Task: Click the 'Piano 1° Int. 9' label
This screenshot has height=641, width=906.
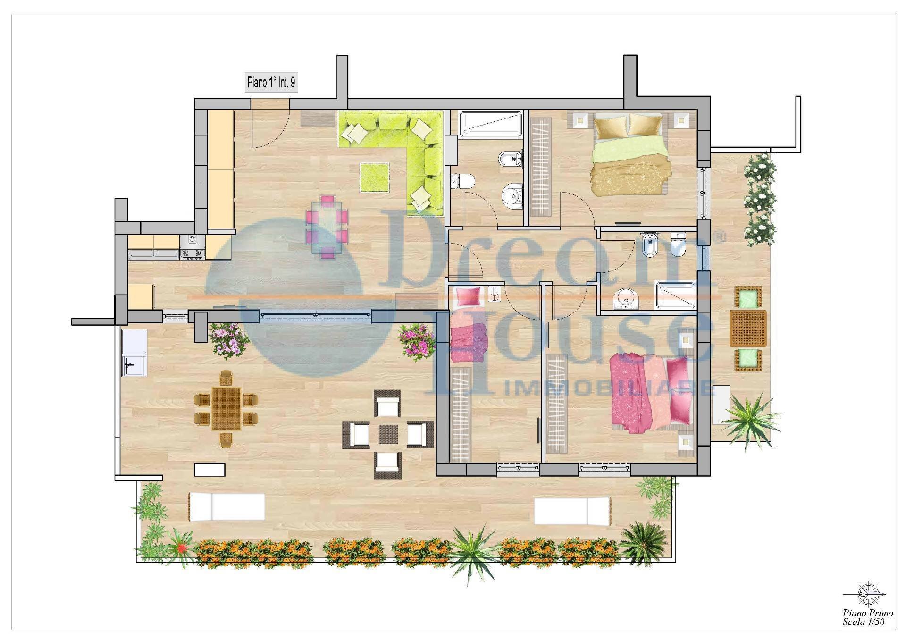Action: tap(272, 83)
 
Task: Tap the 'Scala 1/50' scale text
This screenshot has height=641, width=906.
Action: tap(864, 622)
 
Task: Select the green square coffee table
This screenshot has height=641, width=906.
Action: tap(375, 177)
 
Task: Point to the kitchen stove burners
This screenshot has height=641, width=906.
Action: tap(193, 248)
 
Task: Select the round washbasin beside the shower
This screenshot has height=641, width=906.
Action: tap(627, 300)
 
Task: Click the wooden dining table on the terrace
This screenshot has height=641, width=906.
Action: tap(226, 409)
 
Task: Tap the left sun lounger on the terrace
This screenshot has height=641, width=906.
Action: tap(226, 507)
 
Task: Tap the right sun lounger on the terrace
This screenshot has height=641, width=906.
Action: tap(572, 511)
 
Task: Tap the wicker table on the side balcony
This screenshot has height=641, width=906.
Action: tap(748, 328)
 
